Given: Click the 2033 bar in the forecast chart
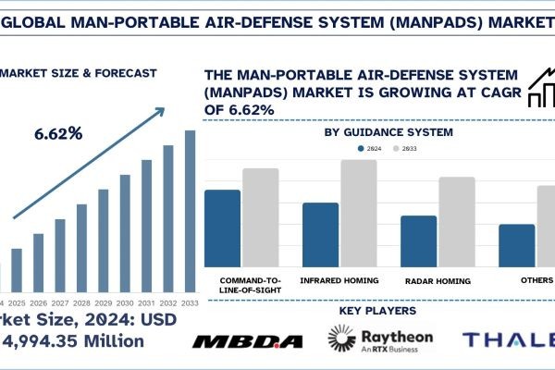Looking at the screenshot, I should [x=190, y=210].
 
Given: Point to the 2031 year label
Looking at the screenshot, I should [x=146, y=302].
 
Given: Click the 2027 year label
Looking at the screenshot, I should [x=59, y=302].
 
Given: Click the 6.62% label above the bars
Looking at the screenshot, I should [x=58, y=133].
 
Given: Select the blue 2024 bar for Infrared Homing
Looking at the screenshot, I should [x=320, y=235].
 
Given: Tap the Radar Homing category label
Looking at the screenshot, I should [x=437, y=279].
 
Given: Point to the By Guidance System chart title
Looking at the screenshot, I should [x=388, y=132].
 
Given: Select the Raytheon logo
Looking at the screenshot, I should [x=380, y=340].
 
